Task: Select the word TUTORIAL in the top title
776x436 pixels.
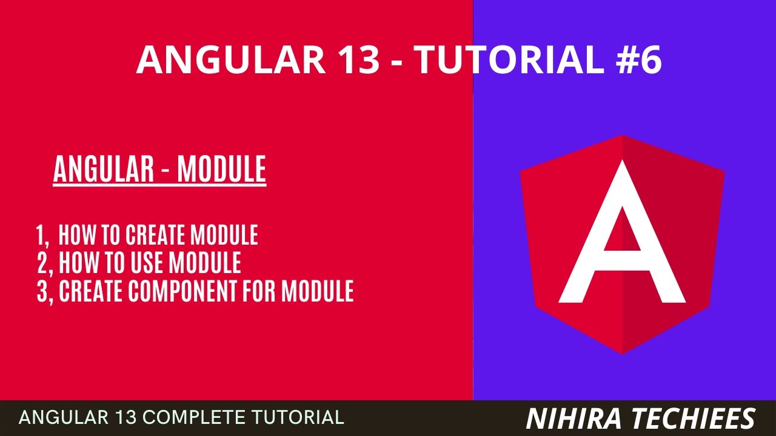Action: [504, 59]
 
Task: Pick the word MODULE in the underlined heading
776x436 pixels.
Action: [222, 170]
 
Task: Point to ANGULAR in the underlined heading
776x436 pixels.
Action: [104, 170]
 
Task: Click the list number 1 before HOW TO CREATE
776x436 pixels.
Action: [41, 235]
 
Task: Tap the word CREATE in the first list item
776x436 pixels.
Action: [156, 235]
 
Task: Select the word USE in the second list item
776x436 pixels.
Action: [145, 263]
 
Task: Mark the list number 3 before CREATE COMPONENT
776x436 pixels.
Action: [43, 291]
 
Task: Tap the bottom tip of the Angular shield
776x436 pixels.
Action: [623, 353]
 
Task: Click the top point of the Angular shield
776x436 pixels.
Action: [623, 136]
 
